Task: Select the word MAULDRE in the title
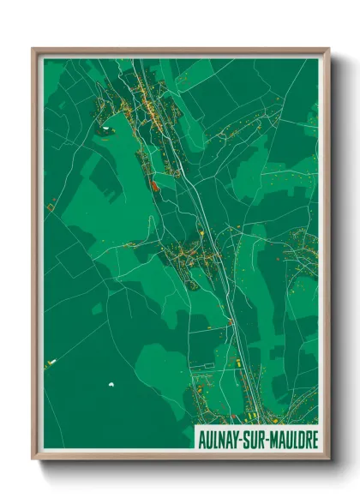pos(297,442)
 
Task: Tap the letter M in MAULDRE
pos(281,442)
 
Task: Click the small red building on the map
pos(154,183)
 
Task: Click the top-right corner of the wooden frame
pos(328,49)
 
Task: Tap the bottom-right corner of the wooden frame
pos(328,461)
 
